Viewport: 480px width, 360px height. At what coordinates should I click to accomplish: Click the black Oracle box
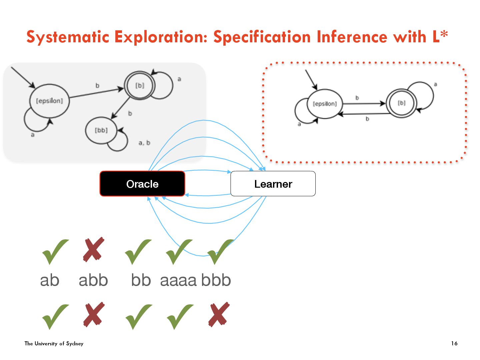click(x=142, y=184)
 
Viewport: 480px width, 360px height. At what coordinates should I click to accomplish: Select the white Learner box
click(x=273, y=184)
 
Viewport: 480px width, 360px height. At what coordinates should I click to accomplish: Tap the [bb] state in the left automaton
click(x=101, y=130)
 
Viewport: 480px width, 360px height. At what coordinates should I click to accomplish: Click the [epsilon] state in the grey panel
click(x=49, y=101)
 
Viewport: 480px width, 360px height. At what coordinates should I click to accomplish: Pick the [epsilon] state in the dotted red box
click(x=325, y=104)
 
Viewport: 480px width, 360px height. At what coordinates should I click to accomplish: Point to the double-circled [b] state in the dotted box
click(x=401, y=103)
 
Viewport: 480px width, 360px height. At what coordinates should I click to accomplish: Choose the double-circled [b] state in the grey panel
click(x=140, y=86)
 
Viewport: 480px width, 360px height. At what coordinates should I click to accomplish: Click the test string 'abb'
click(x=93, y=280)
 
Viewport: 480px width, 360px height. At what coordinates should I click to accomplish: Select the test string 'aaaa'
click(x=178, y=280)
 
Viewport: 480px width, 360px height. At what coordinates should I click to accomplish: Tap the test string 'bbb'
click(x=216, y=280)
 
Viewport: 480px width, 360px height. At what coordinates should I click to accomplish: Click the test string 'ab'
click(x=50, y=280)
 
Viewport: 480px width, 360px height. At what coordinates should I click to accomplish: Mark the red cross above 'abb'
click(x=94, y=249)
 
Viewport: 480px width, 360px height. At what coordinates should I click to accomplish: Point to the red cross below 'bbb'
click(x=219, y=314)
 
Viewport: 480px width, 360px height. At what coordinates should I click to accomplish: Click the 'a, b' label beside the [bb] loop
click(x=144, y=143)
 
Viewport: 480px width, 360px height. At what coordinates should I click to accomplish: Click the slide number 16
click(x=454, y=343)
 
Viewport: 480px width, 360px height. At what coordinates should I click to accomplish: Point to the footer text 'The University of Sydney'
click(x=54, y=343)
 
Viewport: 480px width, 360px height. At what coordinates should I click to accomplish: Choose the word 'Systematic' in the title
click(x=68, y=37)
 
